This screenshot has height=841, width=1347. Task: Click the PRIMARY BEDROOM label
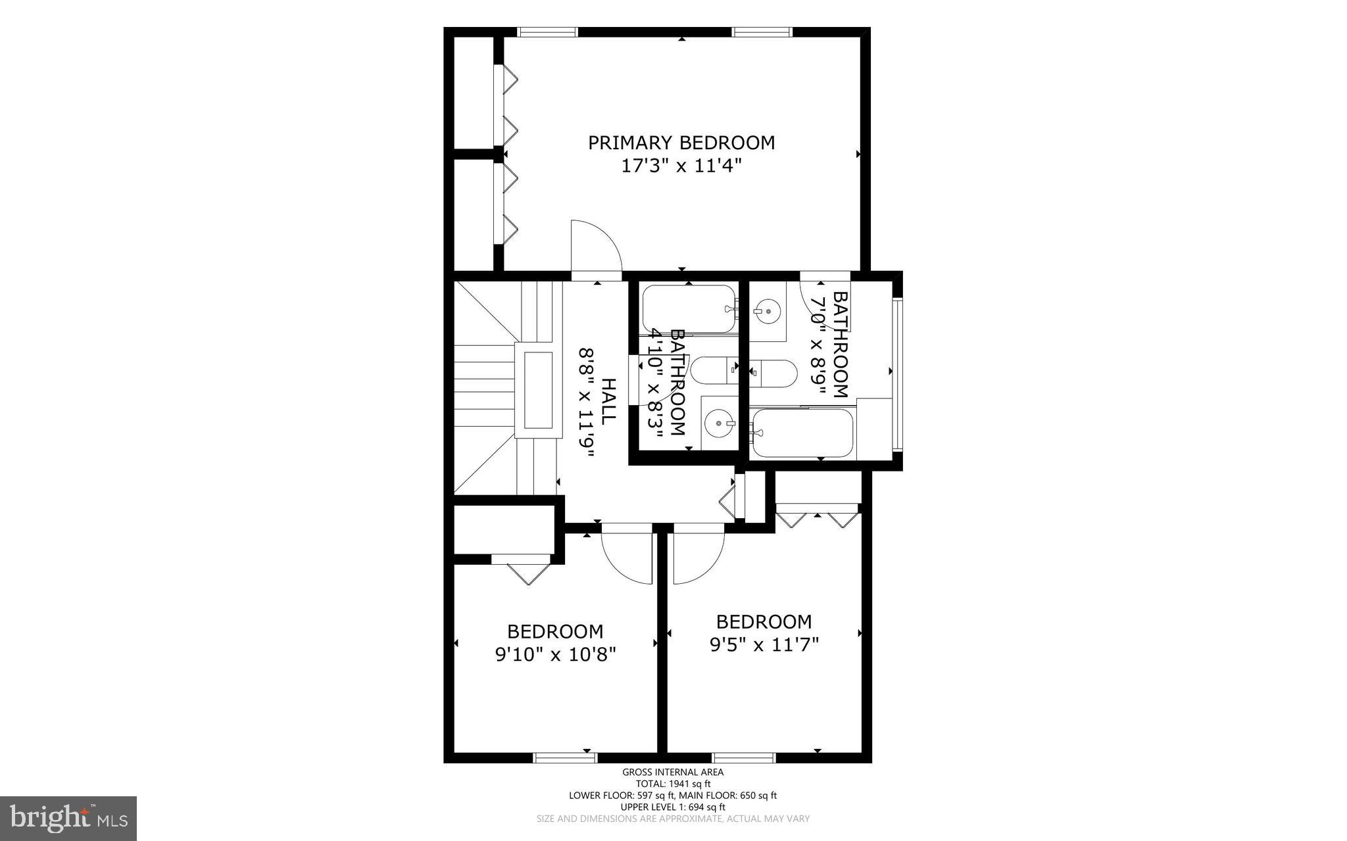coord(681,143)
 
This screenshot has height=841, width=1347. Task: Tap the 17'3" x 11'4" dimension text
coord(681,166)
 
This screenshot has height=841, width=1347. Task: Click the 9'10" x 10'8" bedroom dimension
coord(555,655)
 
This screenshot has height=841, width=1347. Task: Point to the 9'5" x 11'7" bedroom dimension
coord(764,645)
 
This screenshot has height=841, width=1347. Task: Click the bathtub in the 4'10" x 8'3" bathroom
coord(688,308)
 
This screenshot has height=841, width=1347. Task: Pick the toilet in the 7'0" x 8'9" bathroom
coord(775,373)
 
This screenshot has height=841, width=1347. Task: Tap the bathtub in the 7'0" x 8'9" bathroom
coord(802,433)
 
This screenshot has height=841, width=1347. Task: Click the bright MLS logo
coord(68,817)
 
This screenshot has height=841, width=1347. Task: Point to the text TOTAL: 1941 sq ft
coord(673,784)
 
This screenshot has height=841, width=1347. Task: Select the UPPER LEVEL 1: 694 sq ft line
coord(673,807)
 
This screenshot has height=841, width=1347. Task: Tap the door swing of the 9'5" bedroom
coord(697,556)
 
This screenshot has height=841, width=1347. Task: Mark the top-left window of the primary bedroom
coord(547,32)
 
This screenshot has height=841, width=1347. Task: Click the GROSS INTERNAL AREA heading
coord(673,773)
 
